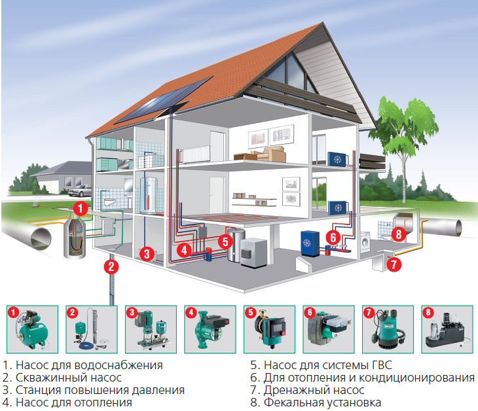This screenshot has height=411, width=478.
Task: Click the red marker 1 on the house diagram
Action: pyautogui.click(x=80, y=209)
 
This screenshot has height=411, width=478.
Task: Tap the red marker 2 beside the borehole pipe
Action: pyautogui.click(x=112, y=266)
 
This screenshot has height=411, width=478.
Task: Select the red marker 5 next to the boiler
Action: pyautogui.click(x=225, y=240)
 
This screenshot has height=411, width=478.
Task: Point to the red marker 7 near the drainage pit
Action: pyautogui.click(x=393, y=265)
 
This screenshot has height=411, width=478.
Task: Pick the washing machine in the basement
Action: pyautogui.click(x=367, y=242)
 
